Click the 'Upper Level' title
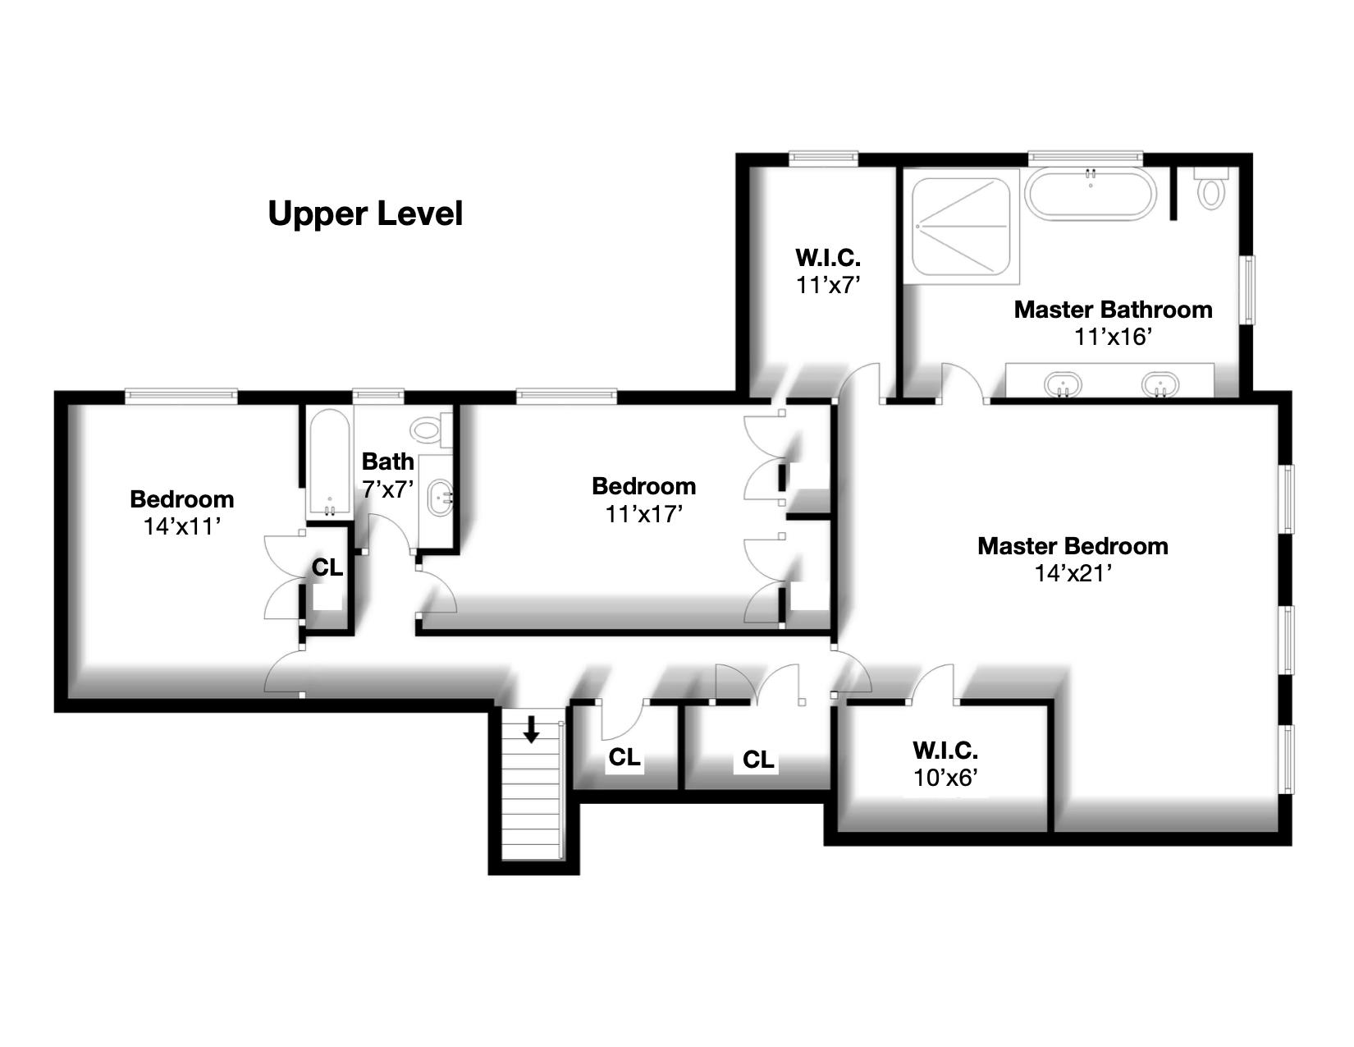[365, 214]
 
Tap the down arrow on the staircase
[531, 729]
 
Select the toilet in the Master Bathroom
[1210, 188]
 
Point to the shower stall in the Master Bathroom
[961, 226]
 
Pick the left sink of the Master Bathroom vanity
[1063, 383]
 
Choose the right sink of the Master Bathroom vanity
[1160, 383]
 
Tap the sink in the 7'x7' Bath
[440, 497]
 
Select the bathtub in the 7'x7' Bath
[328, 462]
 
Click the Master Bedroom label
[1073, 546]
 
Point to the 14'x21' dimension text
[1073, 573]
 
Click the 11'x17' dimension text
[643, 514]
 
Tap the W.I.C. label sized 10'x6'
[945, 751]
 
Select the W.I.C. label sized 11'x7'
[827, 258]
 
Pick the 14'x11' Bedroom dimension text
[182, 526]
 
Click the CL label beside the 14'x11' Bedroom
[327, 567]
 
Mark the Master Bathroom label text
[1113, 310]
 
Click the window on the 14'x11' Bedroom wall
[181, 394]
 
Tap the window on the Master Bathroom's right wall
[1249, 290]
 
